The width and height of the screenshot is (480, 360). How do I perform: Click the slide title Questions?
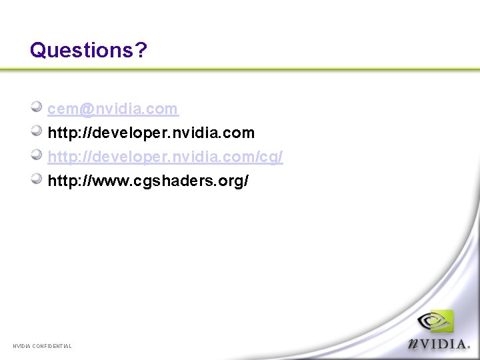[x=88, y=50]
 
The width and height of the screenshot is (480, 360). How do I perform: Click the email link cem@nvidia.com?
[x=113, y=109]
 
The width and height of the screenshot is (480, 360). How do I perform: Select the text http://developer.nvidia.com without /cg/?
[x=151, y=133]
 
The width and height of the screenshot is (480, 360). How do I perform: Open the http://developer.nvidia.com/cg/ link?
[x=165, y=157]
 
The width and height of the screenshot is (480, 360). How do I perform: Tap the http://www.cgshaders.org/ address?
[x=148, y=181]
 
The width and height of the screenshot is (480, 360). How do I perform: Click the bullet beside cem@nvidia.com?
[x=37, y=107]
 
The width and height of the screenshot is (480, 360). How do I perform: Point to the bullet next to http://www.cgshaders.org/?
[x=37, y=179]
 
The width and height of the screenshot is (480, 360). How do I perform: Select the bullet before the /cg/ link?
[x=37, y=155]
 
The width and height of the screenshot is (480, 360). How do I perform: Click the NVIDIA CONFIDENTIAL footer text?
[x=42, y=345]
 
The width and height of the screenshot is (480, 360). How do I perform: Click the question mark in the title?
[x=141, y=50]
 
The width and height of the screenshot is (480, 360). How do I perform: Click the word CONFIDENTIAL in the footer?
[x=51, y=345]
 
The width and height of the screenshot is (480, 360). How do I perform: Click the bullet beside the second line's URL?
[x=37, y=131]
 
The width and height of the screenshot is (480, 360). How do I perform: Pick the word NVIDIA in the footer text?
[x=21, y=345]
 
